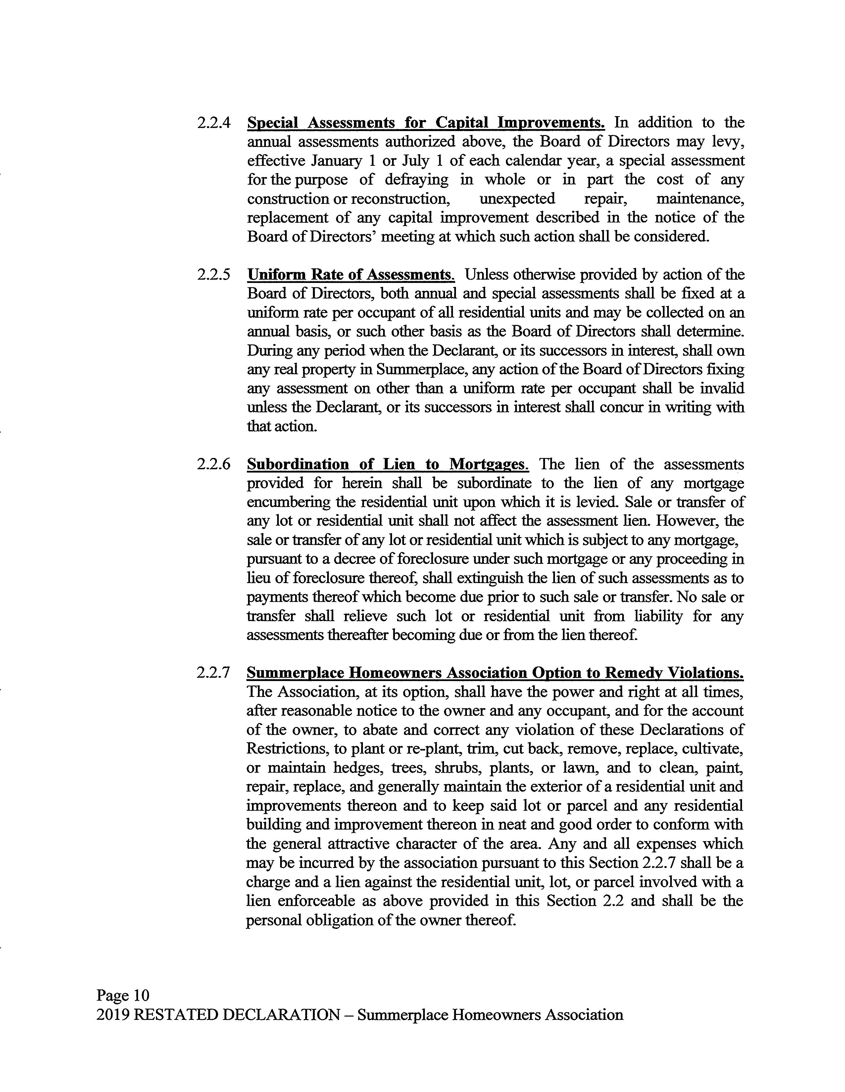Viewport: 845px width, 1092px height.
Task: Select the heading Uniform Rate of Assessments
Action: pos(351,275)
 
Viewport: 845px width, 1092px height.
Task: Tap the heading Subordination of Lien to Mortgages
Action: pos(388,465)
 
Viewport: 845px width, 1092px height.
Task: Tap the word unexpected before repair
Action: pos(517,199)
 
